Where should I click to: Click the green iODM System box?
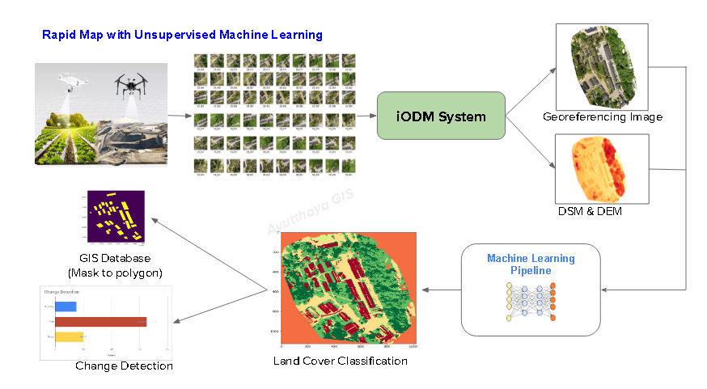441,116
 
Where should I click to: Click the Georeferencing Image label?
603,117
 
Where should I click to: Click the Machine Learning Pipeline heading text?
531,264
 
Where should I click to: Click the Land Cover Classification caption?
341,361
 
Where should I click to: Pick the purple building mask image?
115,218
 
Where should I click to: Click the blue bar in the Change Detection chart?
66,307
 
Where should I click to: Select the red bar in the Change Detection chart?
100,322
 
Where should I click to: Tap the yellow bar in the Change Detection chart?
69,336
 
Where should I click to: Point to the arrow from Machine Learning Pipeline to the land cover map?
442,290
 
